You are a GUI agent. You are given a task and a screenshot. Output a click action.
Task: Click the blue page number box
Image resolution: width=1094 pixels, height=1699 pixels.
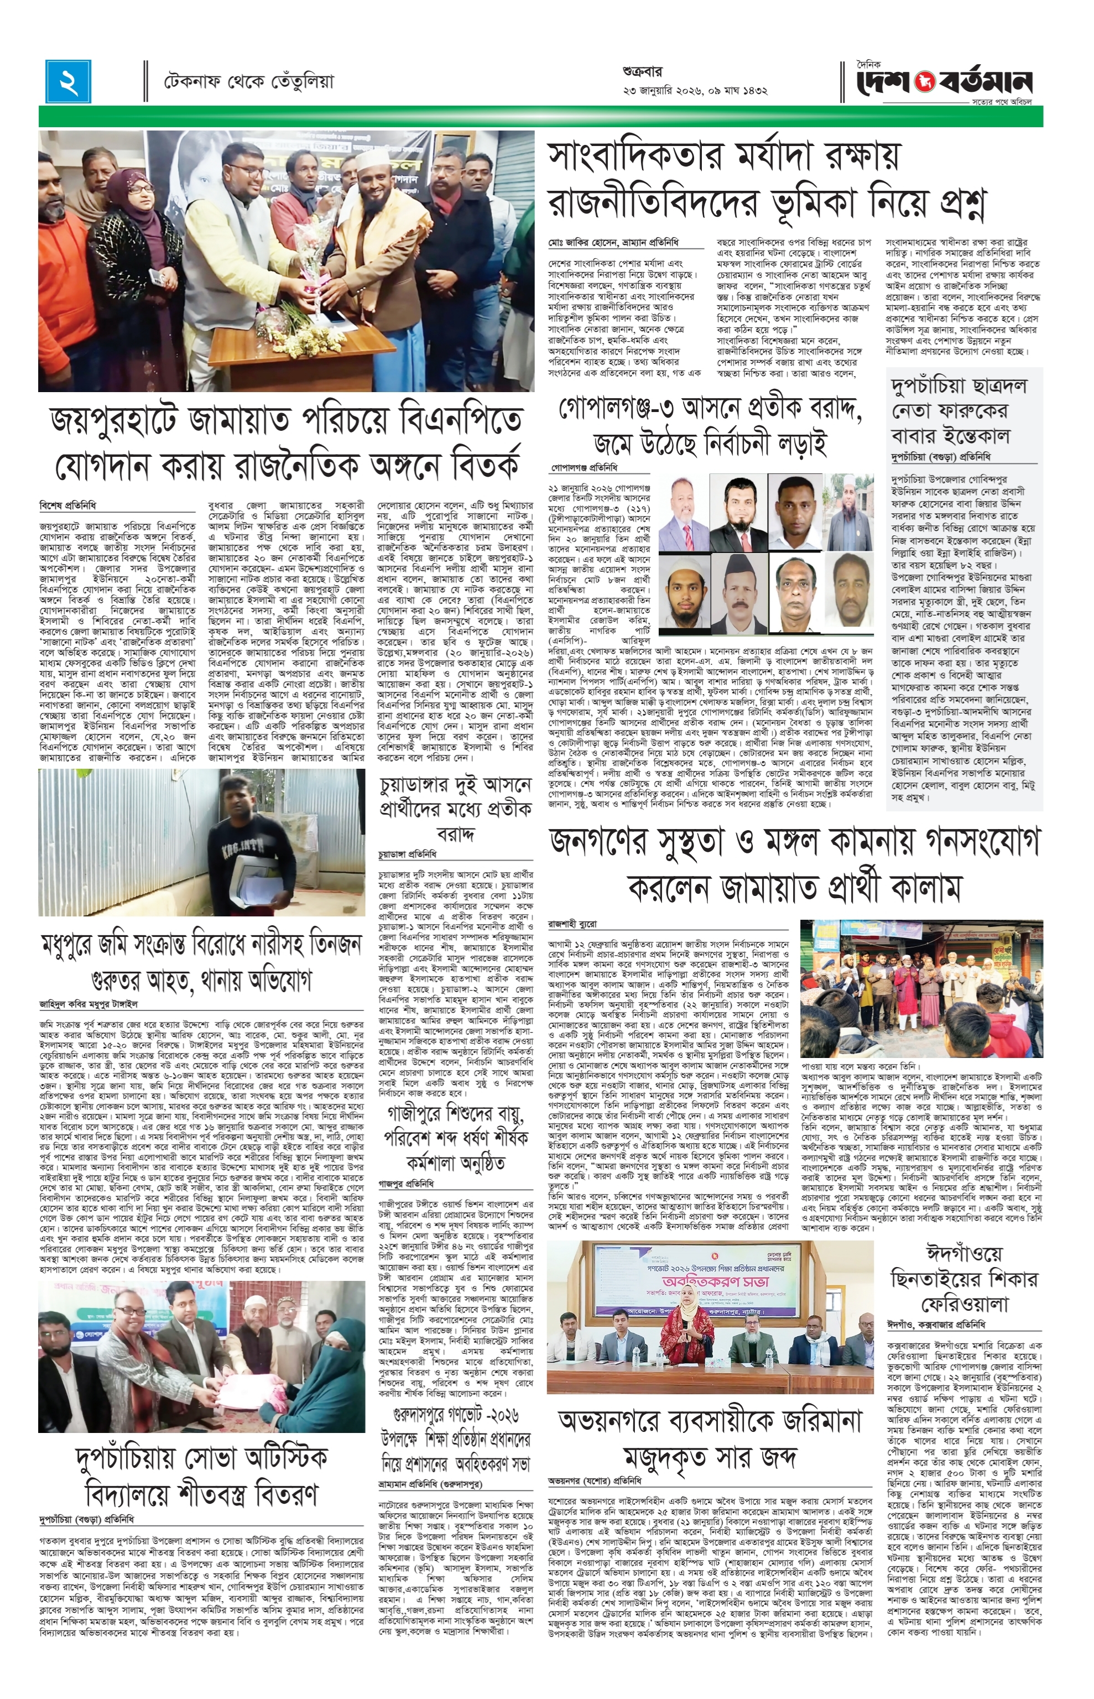[70, 80]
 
